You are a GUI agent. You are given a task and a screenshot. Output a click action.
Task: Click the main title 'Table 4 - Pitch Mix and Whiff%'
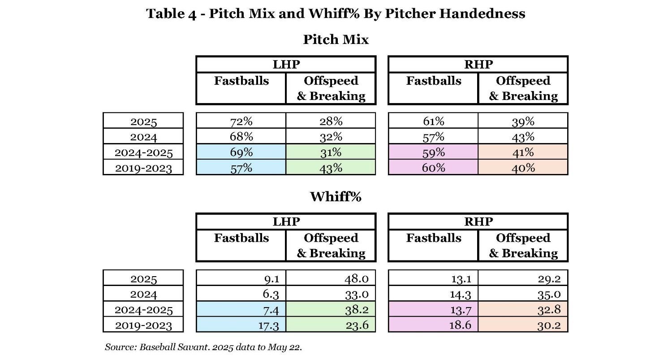click(x=336, y=13)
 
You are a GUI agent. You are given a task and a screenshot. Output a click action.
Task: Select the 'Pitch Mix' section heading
click(x=336, y=39)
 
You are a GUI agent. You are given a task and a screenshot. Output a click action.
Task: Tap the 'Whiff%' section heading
click(x=336, y=196)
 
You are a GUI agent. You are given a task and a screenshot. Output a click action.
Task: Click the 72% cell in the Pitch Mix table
click(x=241, y=121)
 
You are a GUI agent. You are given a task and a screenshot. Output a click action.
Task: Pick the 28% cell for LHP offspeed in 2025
click(x=331, y=121)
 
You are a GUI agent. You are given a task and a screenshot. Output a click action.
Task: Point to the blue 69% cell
click(x=241, y=152)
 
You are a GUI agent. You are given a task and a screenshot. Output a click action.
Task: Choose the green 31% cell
click(x=331, y=152)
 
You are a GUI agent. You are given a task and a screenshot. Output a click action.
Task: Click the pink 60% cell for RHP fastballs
click(x=433, y=167)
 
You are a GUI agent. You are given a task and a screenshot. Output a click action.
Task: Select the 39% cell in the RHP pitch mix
click(x=523, y=121)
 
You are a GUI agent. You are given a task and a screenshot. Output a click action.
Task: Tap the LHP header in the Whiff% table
click(x=286, y=221)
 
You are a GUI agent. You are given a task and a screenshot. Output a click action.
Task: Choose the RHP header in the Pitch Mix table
click(x=478, y=65)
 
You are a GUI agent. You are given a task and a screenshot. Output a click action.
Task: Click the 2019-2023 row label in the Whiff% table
click(x=143, y=325)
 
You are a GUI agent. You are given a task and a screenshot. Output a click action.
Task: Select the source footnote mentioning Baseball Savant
click(x=203, y=347)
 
